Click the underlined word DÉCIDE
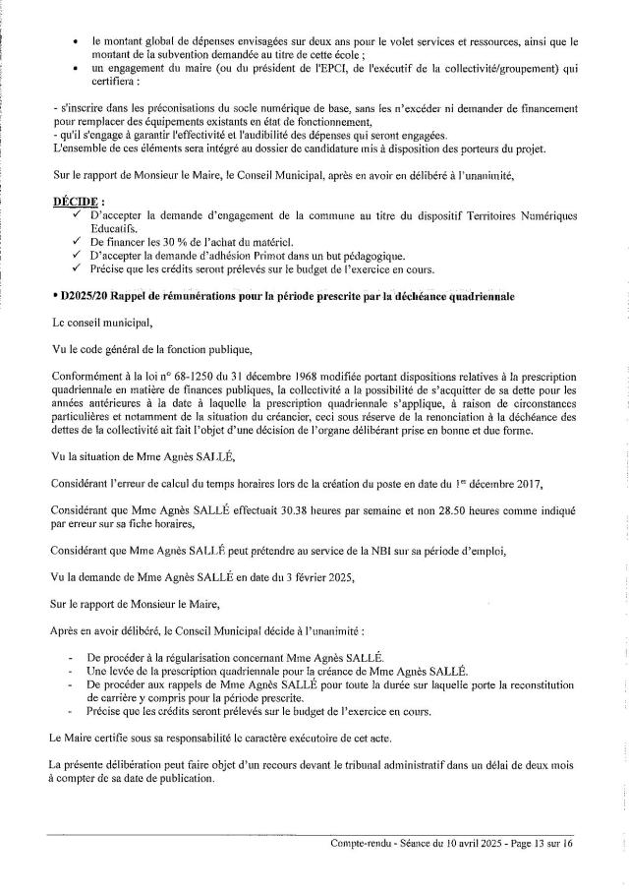(76, 201)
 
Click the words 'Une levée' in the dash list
(111, 670)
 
